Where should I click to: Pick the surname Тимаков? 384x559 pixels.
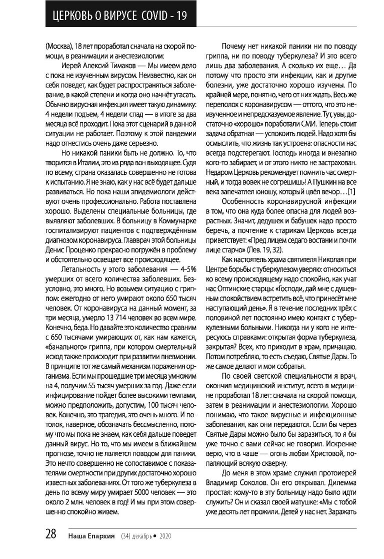tap(116, 64)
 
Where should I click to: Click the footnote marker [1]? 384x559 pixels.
tap(351, 191)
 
